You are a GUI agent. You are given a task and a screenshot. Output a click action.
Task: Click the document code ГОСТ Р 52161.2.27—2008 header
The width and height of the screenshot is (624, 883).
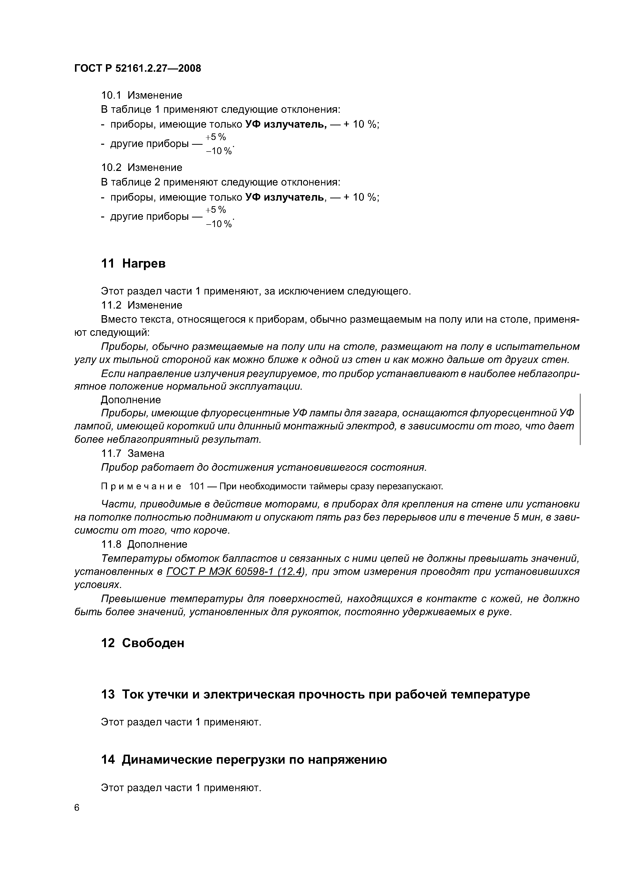(137, 68)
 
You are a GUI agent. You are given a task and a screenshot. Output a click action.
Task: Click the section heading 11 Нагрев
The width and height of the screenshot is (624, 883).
(133, 264)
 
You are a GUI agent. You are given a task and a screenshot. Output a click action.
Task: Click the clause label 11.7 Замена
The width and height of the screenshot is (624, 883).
(133, 453)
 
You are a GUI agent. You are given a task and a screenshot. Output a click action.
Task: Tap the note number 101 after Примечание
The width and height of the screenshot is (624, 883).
(197, 487)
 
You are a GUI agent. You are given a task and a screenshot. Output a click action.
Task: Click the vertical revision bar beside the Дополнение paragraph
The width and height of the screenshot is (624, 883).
(579, 419)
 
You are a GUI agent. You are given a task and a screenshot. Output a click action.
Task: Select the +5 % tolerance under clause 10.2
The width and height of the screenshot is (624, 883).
(216, 210)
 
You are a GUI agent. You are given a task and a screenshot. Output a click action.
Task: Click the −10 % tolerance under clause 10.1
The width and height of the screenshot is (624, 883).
(219, 151)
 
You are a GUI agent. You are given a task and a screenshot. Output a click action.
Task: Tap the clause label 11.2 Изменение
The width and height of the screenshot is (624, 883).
(141, 305)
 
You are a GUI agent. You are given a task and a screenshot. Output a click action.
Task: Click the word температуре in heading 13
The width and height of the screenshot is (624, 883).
(490, 694)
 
